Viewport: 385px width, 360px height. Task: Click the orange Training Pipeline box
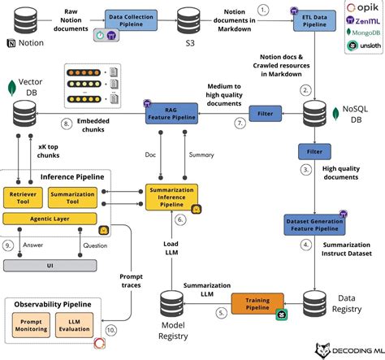(252, 305)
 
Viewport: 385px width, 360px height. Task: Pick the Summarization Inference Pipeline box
(171, 197)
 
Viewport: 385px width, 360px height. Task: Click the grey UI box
(54, 265)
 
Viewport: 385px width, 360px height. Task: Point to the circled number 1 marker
(262, 9)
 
